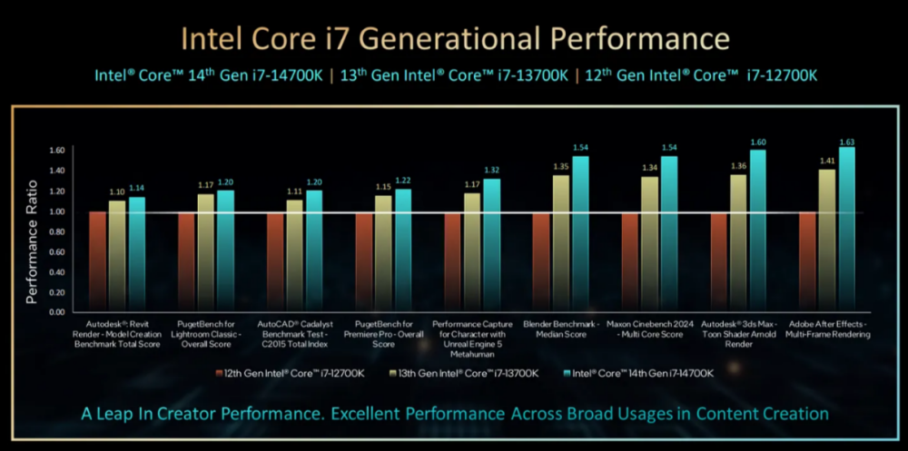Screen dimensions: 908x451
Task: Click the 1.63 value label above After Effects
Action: point(846,142)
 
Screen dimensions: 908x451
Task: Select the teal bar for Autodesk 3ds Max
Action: point(757,231)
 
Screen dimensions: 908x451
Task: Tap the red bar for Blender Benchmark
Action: point(541,262)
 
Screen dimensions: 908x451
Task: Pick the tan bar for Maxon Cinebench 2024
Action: point(649,244)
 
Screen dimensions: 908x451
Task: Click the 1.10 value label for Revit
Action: point(116,191)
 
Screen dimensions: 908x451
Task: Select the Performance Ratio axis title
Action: point(32,242)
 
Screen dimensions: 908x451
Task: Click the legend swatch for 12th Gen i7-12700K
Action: point(218,374)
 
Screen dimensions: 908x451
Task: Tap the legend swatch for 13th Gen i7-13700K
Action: point(394,374)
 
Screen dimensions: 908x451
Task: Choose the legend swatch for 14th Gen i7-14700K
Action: point(567,374)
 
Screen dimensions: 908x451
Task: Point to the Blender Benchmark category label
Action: point(560,328)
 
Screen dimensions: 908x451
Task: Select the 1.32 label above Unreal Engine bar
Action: point(491,171)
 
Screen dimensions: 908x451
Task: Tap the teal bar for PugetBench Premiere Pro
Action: point(402,250)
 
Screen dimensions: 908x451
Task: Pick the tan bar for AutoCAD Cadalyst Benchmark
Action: point(294,256)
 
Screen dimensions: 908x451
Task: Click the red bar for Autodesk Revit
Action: point(97,262)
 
